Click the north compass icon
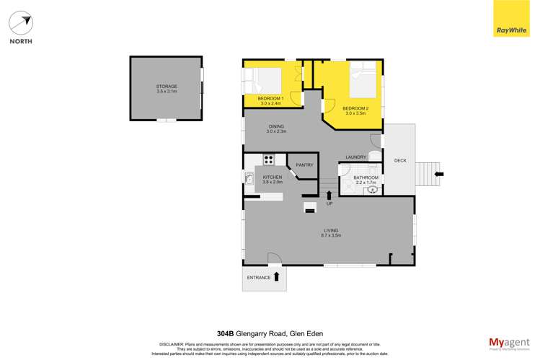tap(21, 24)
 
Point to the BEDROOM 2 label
tap(355, 108)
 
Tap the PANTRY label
tap(304, 164)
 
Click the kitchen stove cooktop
tap(269, 160)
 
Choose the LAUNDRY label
tap(356, 157)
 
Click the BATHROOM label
tap(366, 177)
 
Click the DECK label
tap(400, 160)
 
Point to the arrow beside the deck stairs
tap(440, 174)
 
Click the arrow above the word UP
tap(329, 194)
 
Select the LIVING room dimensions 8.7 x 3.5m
tap(331, 236)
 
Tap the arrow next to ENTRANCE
tap(276, 276)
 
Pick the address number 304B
tap(226, 333)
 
